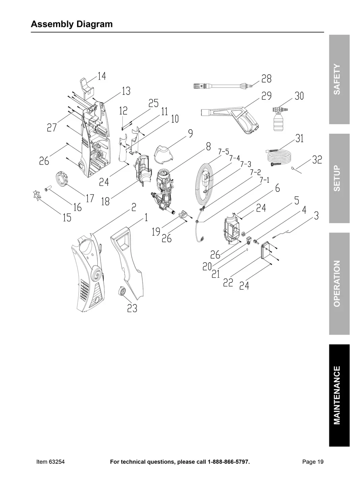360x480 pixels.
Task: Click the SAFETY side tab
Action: (339, 79)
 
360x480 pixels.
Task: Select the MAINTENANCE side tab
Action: (339, 395)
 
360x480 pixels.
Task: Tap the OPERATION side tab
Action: (339, 283)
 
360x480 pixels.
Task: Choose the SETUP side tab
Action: (339, 178)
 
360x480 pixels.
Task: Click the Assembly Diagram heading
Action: (72, 24)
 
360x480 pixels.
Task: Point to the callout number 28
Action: (266, 79)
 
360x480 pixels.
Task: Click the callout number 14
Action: (102, 76)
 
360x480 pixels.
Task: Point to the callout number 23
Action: (132, 308)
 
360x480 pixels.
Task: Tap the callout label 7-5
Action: (224, 152)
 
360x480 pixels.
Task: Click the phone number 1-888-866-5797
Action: (228, 462)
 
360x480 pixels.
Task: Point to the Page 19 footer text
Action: (313, 462)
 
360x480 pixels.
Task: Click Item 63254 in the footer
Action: (50, 462)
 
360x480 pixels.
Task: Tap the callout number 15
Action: (67, 217)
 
